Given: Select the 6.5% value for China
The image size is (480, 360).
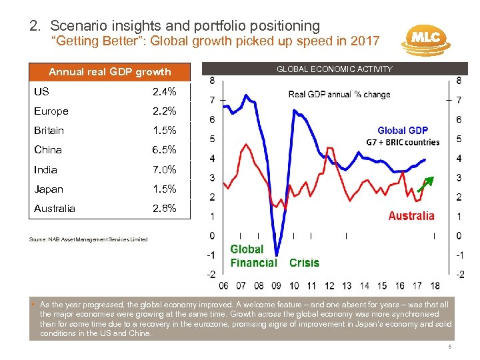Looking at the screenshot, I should [x=164, y=150].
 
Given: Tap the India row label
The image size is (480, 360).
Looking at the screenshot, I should [x=45, y=169].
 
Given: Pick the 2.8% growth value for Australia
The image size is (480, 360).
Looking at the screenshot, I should [x=164, y=208].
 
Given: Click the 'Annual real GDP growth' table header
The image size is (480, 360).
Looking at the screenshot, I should [x=110, y=71].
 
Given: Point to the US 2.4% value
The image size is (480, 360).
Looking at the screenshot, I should [x=164, y=91].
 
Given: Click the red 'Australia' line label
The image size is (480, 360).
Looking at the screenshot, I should [x=411, y=215].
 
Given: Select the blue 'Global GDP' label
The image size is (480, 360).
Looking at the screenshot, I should [x=403, y=131].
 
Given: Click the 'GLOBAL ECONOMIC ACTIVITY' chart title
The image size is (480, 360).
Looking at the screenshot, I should [x=335, y=69].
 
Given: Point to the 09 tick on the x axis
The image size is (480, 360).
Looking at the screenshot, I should [x=276, y=286].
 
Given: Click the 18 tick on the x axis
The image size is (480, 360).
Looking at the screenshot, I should [x=435, y=286].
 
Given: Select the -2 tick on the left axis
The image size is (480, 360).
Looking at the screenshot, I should [x=210, y=274].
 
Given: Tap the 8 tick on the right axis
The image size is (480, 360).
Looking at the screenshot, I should [x=458, y=81].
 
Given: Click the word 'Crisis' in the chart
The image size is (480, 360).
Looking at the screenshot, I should [x=304, y=263].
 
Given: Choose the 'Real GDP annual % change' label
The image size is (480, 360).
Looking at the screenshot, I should [x=339, y=95].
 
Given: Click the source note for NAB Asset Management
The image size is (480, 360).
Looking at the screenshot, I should [x=89, y=239].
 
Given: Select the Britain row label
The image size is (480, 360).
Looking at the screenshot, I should [x=49, y=131].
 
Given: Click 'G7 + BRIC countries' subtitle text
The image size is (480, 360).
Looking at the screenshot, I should [x=403, y=142].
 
